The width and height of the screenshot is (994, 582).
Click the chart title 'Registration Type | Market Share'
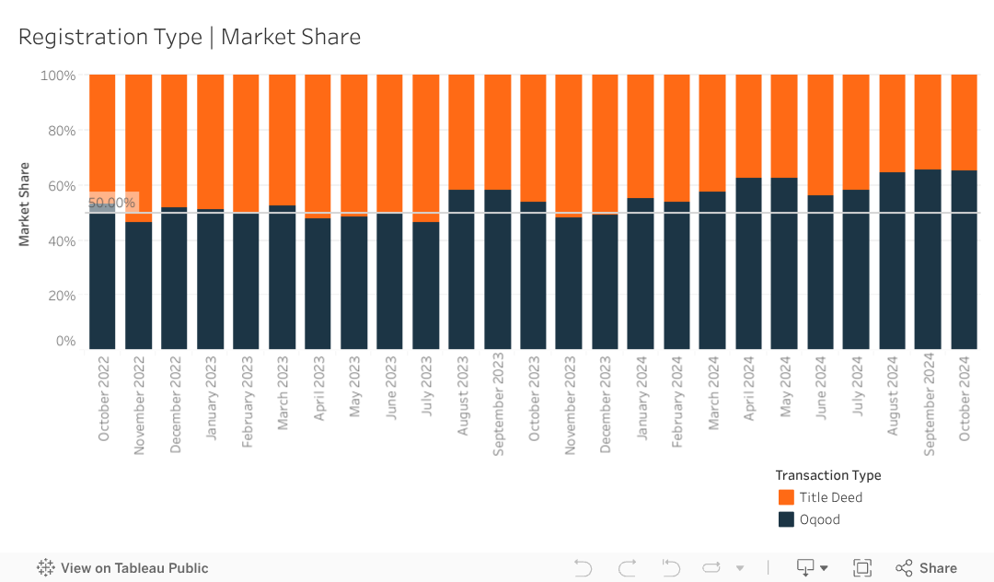click(x=190, y=37)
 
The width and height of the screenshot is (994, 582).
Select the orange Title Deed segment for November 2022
click(x=138, y=147)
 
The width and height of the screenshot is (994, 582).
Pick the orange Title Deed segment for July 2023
click(x=425, y=147)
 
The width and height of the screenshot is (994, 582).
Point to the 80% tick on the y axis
click(x=58, y=130)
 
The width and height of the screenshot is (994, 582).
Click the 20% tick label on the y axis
click(x=58, y=296)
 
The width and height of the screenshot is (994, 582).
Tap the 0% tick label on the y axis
click(x=64, y=341)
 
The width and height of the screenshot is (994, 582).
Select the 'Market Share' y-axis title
click(x=25, y=204)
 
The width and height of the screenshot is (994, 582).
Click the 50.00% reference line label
click(x=112, y=203)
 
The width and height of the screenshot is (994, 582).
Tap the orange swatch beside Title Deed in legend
click(x=786, y=497)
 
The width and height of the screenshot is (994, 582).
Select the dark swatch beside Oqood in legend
click(x=786, y=519)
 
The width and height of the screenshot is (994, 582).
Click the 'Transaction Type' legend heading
click(x=828, y=475)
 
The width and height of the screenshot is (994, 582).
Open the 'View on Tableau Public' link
click(x=122, y=568)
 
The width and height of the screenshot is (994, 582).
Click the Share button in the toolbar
click(x=927, y=568)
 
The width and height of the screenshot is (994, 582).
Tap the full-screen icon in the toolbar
click(x=862, y=568)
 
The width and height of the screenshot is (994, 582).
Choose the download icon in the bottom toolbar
click(x=806, y=568)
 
